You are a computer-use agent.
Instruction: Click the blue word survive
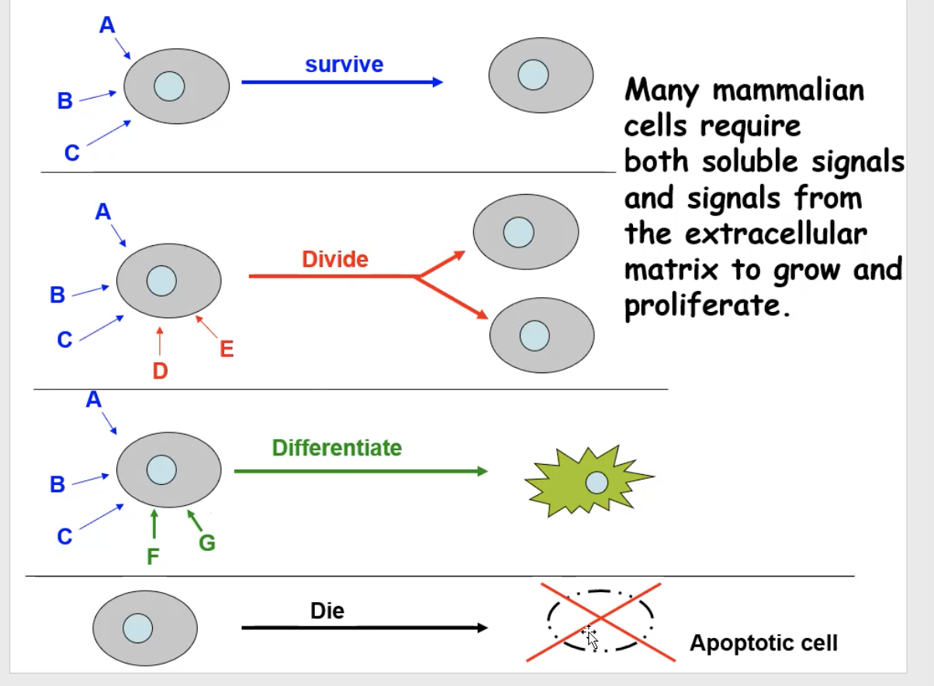tap(344, 64)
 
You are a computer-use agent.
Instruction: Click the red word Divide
tap(335, 259)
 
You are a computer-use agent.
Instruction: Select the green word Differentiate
tap(337, 448)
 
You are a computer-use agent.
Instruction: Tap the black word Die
tap(327, 611)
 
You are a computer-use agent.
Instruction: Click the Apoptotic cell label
tap(763, 643)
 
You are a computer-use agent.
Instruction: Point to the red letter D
tap(160, 372)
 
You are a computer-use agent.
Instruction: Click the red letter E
tap(227, 349)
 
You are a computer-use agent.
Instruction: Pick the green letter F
tap(154, 558)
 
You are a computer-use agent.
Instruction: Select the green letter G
tap(207, 543)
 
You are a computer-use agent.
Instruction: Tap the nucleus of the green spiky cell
tap(597, 483)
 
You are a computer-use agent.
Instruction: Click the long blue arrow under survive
tap(341, 81)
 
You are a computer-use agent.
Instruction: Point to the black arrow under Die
tap(365, 628)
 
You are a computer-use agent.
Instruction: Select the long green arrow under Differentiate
tap(361, 471)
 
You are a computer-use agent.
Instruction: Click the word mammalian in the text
tap(787, 91)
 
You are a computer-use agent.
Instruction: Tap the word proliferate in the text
tap(706, 306)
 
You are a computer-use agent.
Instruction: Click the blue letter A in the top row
tap(107, 26)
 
